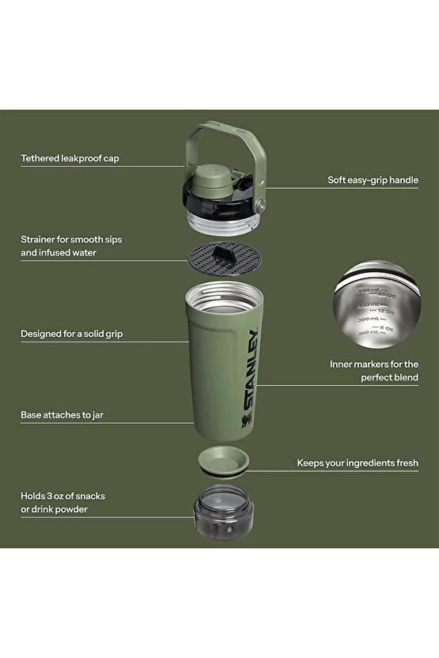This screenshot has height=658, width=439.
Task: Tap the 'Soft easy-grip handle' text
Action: coord(373,180)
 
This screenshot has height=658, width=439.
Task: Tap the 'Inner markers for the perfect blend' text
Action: coord(374,371)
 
